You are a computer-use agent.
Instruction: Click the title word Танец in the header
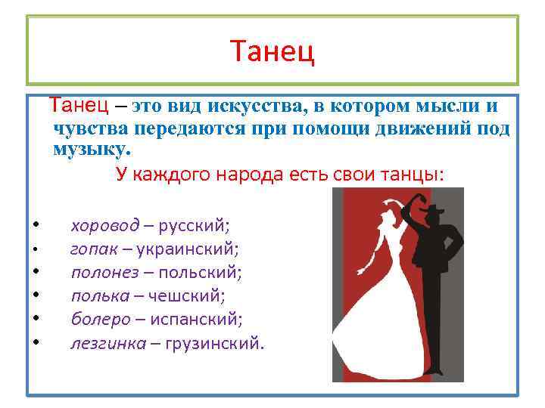coord(272,52)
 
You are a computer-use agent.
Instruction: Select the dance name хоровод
coord(104,224)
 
